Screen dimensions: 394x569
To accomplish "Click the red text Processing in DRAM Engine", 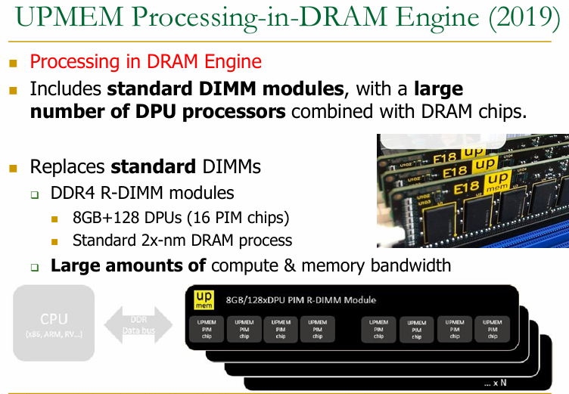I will coord(145,62).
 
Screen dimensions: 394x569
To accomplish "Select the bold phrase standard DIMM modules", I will coord(225,89).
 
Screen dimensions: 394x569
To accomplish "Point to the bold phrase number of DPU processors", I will coord(157,113).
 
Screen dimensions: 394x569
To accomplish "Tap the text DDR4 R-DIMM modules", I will coord(142,193).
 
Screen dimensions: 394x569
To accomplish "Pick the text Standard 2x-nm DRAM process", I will coord(182,241).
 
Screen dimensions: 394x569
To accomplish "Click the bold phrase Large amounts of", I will coord(128,266).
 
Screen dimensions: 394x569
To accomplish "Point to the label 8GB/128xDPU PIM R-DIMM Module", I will coord(300,300).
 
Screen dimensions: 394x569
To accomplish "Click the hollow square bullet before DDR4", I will coord(35,194).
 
